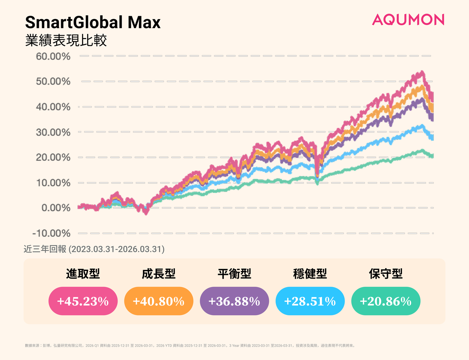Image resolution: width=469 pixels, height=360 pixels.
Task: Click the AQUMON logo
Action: pos(408,20)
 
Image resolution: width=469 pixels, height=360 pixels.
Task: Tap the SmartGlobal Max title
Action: pos(93,22)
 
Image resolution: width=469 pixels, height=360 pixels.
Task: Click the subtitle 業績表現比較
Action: pos(66,40)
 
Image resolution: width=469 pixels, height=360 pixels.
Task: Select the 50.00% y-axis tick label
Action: pos(53,81)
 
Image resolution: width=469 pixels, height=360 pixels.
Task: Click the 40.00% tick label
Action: pos(53,107)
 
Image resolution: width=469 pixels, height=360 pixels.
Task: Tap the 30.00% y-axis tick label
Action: pos(53,132)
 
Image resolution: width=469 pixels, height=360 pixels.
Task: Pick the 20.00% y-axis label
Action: pos(53,157)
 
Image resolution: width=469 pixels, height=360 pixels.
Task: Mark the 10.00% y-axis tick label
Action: pos(53,182)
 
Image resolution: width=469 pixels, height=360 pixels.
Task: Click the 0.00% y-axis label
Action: pos(56,208)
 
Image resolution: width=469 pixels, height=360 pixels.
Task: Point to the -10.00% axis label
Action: pos(51,233)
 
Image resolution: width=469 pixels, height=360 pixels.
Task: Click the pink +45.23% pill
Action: pos(83,301)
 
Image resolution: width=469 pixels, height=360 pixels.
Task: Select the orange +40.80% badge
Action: pos(159,301)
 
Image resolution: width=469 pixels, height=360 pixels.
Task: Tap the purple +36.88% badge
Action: pos(234,301)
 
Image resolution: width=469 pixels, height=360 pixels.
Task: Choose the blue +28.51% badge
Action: pos(310,301)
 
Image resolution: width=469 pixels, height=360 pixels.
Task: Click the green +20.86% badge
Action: pos(386,301)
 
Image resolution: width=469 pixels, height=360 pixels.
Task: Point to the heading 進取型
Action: pos(83,274)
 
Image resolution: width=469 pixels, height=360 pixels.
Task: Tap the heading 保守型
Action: pos(386,274)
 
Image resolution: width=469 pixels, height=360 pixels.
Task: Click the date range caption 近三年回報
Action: pos(94,249)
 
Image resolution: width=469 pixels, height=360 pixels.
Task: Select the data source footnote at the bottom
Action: pos(190,345)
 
